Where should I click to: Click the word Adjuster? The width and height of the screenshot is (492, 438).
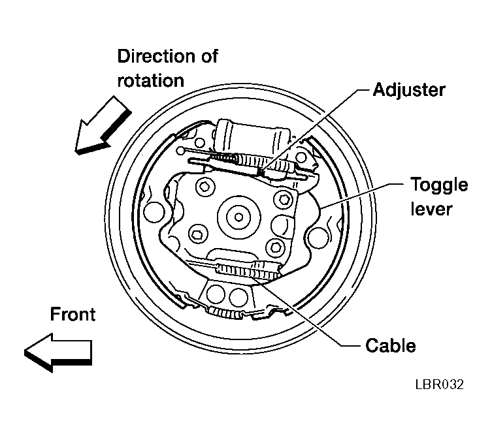tap(409, 90)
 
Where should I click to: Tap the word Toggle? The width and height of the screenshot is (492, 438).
tap(439, 185)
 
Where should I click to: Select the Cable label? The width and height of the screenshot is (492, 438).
tap(391, 345)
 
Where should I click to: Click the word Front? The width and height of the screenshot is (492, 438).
tap(73, 314)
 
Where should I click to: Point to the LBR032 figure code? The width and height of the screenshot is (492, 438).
tap(439, 384)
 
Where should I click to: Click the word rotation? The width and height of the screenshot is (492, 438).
tap(151, 80)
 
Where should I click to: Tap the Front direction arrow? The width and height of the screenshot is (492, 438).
tap(58, 352)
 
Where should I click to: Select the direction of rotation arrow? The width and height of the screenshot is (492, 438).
tap(103, 125)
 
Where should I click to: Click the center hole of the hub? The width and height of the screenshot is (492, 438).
tap(238, 217)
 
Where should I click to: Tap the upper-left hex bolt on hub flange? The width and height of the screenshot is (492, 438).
tap(205, 187)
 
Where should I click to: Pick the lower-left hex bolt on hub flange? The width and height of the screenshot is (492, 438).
tap(199, 234)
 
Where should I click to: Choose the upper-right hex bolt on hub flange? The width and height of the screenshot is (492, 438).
tap(284, 199)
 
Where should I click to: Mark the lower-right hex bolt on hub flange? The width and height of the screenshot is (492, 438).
tap(276, 247)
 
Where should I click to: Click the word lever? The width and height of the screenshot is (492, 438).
tap(431, 208)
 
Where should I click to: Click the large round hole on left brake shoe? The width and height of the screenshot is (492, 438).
tap(154, 212)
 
